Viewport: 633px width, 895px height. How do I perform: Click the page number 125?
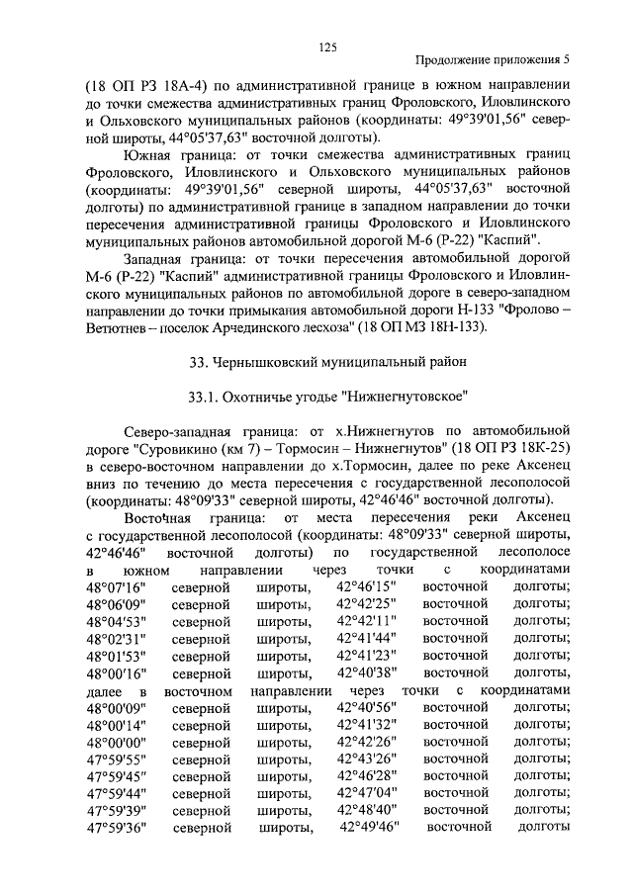[328, 45]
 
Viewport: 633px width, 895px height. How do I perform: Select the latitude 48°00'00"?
[116, 741]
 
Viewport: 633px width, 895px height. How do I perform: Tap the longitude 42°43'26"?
[366, 759]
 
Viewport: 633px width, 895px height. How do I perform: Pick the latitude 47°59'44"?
[116, 793]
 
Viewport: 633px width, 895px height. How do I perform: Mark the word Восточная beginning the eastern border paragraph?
[159, 518]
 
